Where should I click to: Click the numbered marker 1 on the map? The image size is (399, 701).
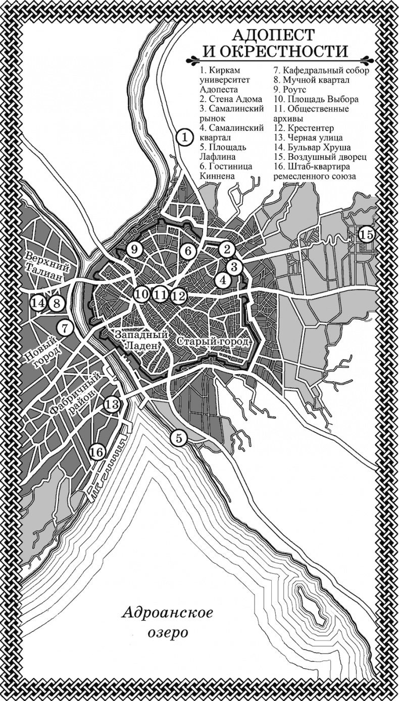pyautogui.click(x=185, y=136)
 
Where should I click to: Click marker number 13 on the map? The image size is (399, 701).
pyautogui.click(x=113, y=403)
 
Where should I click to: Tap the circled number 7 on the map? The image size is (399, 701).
pyautogui.click(x=65, y=327)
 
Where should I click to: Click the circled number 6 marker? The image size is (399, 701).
pyautogui.click(x=187, y=250)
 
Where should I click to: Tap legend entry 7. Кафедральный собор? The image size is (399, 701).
pyautogui.click(x=321, y=71)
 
